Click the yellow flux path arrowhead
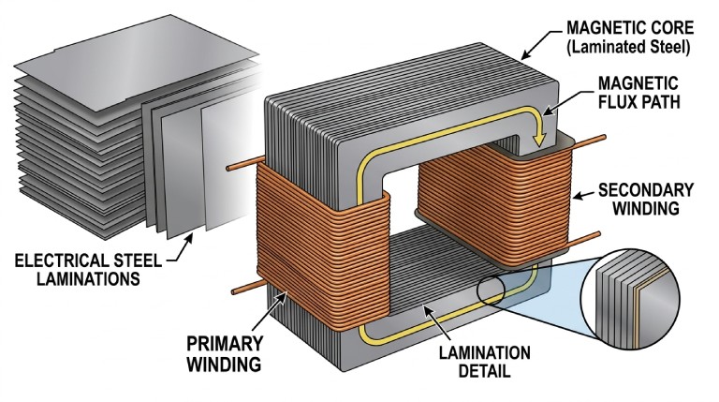pyautogui.click(x=538, y=138)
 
